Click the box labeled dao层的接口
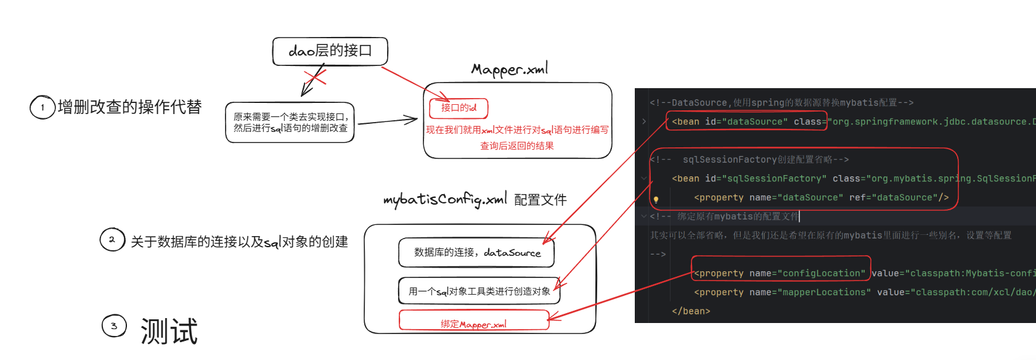click(330, 51)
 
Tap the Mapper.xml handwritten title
click(510, 69)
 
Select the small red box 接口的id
click(459, 108)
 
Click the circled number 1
click(43, 107)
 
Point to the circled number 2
click(112, 240)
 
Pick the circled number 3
click(114, 326)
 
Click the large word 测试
click(169, 331)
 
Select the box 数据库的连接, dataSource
click(476, 253)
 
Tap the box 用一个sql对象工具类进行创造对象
click(479, 291)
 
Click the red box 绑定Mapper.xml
click(473, 324)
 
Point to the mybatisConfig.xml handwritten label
click(444, 200)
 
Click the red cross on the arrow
click(315, 78)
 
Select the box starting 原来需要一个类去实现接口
click(290, 122)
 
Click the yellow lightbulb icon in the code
click(656, 199)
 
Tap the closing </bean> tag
click(691, 311)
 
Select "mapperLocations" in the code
click(824, 292)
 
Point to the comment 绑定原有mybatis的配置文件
click(737, 216)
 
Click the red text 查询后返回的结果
click(517, 146)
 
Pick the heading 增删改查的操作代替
click(129, 107)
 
